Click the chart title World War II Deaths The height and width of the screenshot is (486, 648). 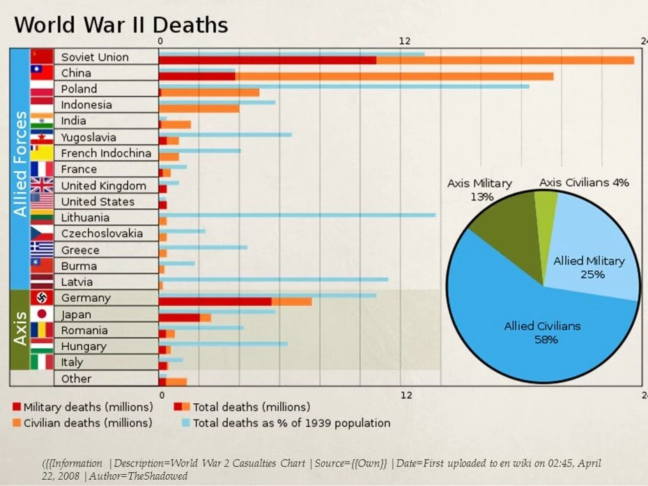pos(121,25)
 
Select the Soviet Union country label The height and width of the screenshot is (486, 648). pos(95,57)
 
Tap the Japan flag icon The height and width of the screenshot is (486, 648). pos(42,314)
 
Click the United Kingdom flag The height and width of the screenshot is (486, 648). pos(42,185)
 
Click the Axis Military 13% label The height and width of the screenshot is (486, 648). pos(479,189)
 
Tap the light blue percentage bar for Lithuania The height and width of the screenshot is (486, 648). pos(300,214)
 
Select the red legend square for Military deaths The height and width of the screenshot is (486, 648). pos(16,407)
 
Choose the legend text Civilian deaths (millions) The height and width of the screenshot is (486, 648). pos(88,423)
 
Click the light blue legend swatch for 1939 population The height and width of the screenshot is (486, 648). pos(185,423)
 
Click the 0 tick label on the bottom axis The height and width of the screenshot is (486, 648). pos(161,395)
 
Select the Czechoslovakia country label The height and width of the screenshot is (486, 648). pos(102,233)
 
